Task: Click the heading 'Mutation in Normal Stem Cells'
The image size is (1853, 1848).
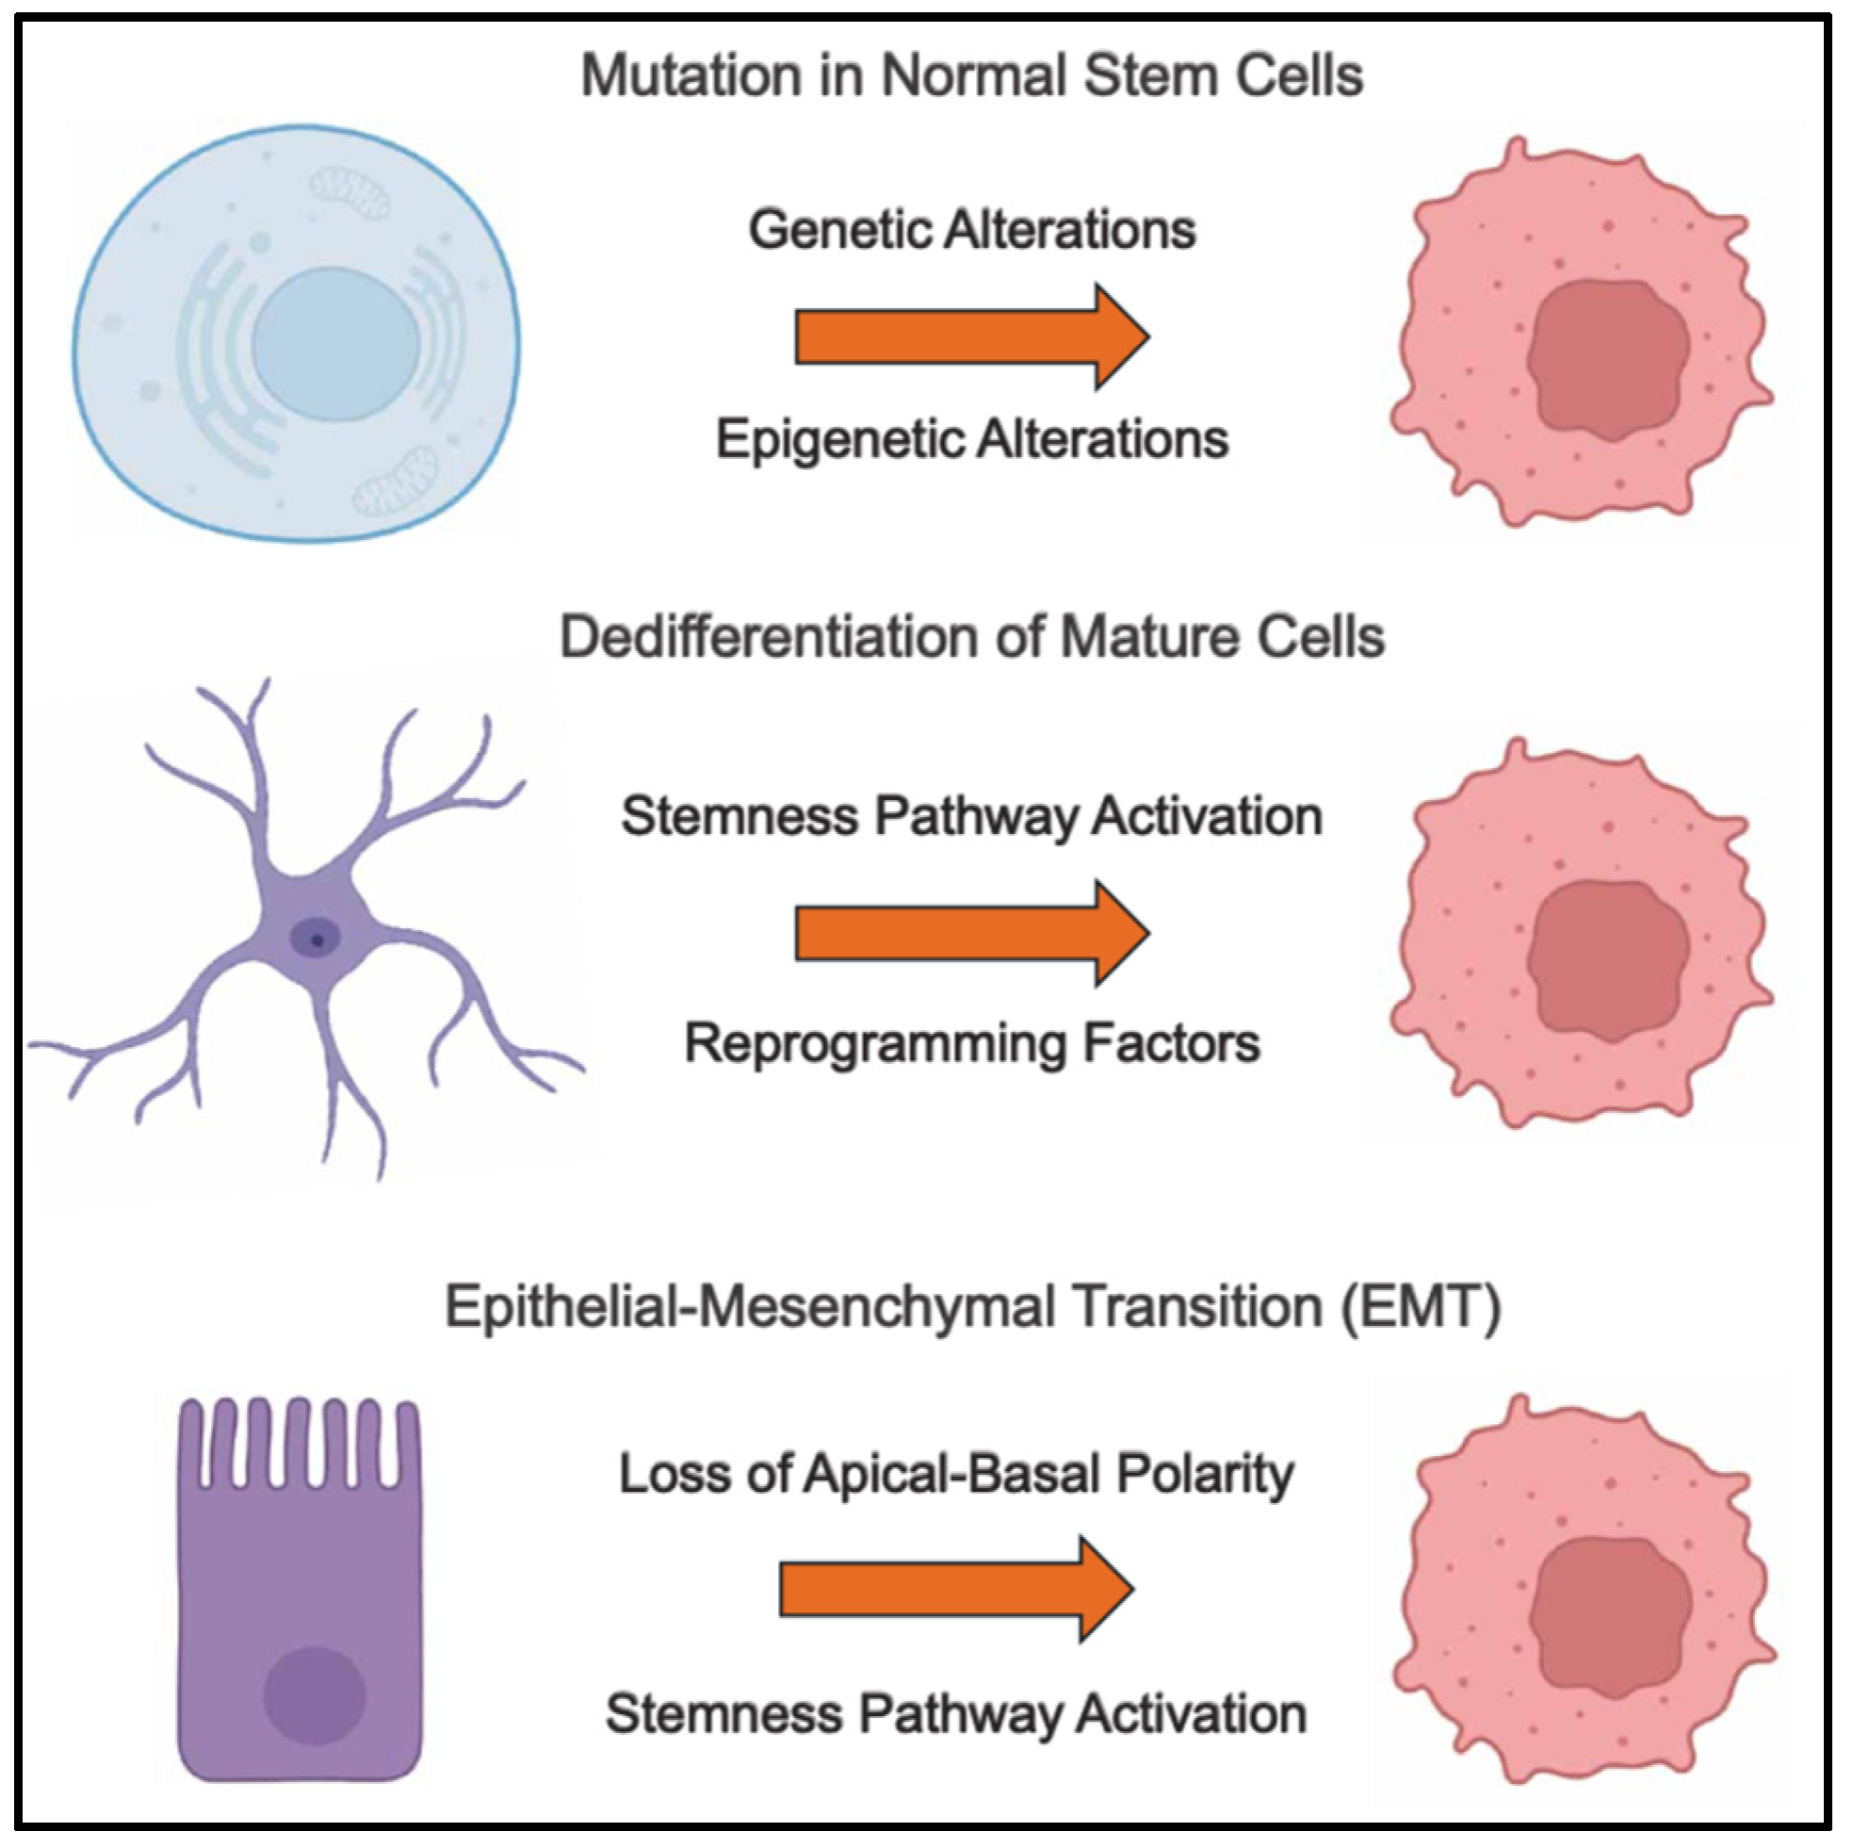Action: tap(970, 75)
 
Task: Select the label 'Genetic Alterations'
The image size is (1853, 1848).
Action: tap(971, 230)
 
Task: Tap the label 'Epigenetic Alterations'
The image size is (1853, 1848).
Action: tap(971, 440)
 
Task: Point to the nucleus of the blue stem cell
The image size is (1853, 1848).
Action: tap(334, 344)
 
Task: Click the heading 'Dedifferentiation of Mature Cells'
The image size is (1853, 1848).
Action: tap(970, 637)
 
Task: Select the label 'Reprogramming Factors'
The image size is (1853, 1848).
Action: tap(970, 1043)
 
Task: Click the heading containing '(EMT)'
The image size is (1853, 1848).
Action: tap(970, 1308)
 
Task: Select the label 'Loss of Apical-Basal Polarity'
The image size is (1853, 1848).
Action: tap(956, 1474)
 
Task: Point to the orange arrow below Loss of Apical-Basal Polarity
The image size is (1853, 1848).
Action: tap(955, 1589)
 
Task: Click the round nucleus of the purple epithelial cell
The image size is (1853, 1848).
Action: tap(315, 1695)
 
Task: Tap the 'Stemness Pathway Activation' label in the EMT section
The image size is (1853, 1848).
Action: tap(955, 1714)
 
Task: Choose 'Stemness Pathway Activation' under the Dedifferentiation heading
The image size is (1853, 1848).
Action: tap(970, 817)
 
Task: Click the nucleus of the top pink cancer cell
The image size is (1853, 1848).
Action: tap(1607, 360)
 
